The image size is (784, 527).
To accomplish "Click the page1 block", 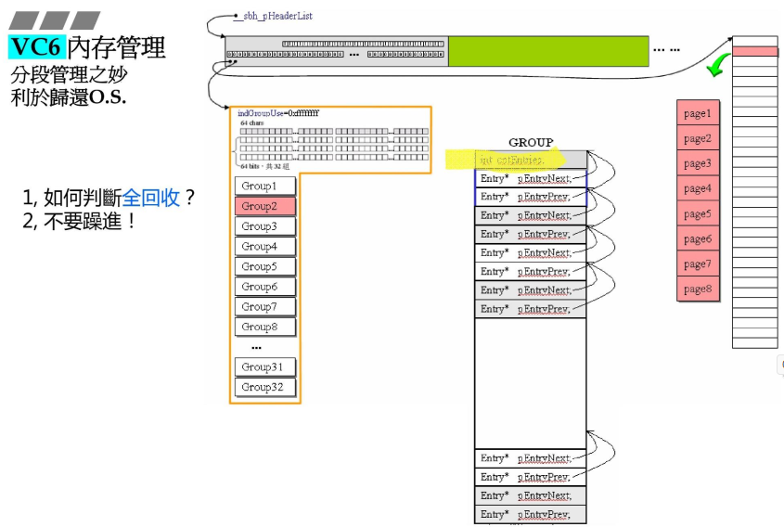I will (x=698, y=114).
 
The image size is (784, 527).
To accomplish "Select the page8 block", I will (x=698, y=289).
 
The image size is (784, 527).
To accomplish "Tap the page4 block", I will (x=698, y=188).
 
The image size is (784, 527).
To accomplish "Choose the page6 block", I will (x=698, y=238).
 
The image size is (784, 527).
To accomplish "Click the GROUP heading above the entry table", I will (x=531, y=142).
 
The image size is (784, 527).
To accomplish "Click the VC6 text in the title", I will (x=36, y=46).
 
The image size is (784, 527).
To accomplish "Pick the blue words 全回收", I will (x=151, y=198).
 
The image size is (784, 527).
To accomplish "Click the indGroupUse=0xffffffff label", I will (x=278, y=113).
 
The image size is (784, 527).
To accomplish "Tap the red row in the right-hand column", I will (x=755, y=52).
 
